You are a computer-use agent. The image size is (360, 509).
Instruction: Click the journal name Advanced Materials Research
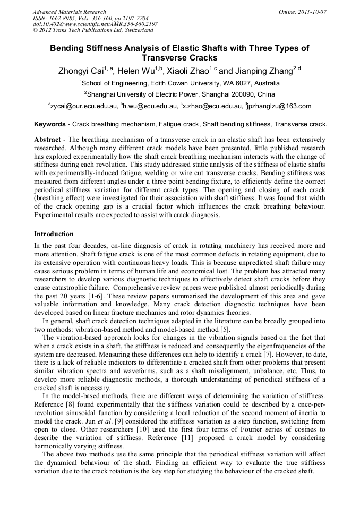point(69,12)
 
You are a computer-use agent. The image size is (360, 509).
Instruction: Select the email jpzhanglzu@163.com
point(279,106)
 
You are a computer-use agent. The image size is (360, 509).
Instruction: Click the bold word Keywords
point(50,124)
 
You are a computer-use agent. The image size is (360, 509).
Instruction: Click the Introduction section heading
point(54,234)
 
